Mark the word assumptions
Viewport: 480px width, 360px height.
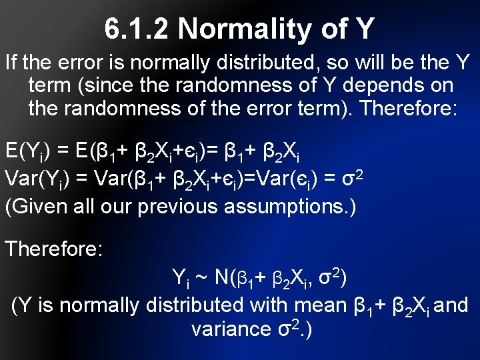(283, 206)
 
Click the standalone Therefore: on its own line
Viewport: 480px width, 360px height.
(54, 249)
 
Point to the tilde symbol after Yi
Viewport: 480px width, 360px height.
(201, 276)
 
